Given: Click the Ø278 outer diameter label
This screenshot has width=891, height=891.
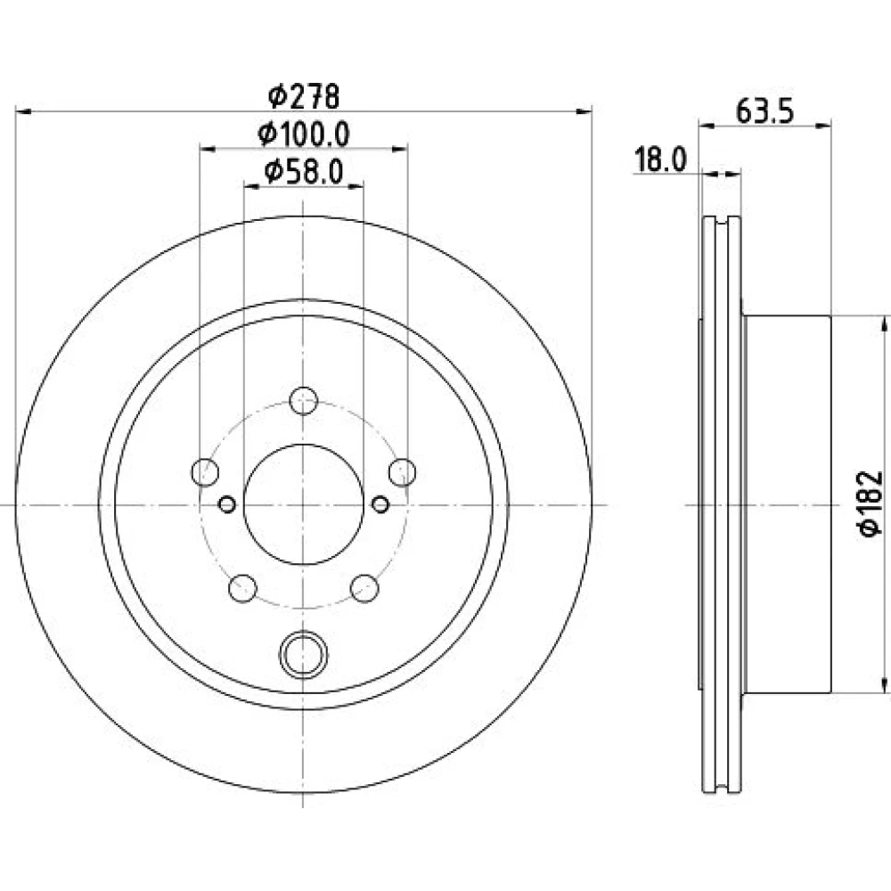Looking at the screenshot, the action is (304, 96).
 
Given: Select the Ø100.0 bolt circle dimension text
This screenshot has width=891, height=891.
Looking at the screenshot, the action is (304, 135).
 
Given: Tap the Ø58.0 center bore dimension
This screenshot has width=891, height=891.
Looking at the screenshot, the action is (304, 172).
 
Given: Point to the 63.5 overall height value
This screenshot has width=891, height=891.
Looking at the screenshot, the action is (764, 110).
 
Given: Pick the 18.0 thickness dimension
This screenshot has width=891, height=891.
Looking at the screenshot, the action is (660, 159).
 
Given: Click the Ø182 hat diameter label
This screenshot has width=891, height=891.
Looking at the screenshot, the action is (870, 503).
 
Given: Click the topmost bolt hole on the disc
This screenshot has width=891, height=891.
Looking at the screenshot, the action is (304, 401).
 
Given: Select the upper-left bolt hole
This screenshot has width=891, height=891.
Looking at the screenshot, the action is (205, 472).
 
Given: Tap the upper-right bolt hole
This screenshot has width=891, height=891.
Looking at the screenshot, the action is (403, 472).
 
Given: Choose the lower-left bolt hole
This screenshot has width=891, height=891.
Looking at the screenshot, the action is (242, 588).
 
